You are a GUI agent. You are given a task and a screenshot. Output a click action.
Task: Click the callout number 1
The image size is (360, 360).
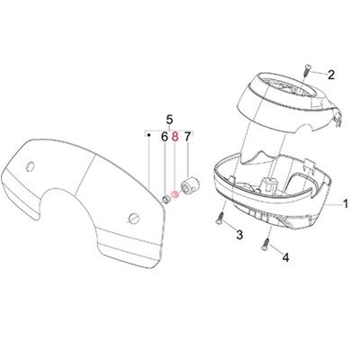[346, 204]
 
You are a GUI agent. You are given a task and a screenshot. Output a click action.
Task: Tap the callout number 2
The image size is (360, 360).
[331, 75]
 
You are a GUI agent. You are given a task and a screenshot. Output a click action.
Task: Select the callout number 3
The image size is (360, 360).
[239, 235]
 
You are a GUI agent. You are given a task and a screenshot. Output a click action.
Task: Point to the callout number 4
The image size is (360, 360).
[286, 257]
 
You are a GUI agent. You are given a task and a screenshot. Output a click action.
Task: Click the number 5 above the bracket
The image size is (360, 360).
[169, 120]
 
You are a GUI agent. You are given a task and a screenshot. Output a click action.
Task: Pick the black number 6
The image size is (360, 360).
[165, 138]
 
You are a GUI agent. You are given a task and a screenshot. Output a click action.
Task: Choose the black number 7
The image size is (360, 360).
[187, 138]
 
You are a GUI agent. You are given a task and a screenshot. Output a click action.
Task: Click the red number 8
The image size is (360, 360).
[175, 138]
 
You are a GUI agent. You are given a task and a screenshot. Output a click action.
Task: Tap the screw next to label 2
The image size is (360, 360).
[306, 70]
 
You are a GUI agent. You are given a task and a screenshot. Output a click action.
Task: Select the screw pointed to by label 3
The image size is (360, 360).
[220, 219]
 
